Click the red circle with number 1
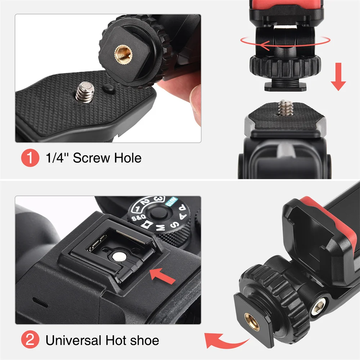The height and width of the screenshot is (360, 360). point(31,158)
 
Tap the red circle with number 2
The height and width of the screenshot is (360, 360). point(31,340)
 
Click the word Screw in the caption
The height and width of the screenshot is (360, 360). point(92,158)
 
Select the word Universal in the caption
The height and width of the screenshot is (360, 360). point(73,340)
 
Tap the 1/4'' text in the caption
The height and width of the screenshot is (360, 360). point(57,158)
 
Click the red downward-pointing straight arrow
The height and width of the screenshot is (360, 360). point(338,76)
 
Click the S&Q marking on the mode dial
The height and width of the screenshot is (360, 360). point(138,218)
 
